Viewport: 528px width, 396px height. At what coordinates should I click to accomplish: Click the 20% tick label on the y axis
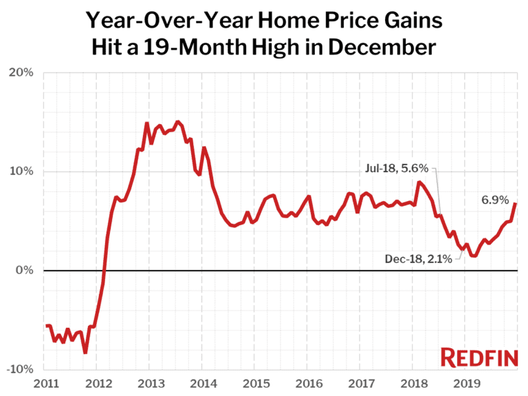(x=21, y=72)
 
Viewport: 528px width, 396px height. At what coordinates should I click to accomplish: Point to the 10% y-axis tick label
(x=21, y=171)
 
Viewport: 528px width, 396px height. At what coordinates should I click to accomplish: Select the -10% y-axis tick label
(x=20, y=370)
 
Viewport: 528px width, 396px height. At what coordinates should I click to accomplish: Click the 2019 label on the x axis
(x=466, y=382)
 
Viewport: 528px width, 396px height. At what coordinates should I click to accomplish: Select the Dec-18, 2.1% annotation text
(x=418, y=259)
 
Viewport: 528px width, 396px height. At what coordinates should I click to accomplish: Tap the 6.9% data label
(x=494, y=200)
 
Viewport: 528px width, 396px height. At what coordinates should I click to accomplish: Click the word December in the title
(x=384, y=49)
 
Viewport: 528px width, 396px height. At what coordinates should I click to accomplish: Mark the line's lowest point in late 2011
(x=85, y=353)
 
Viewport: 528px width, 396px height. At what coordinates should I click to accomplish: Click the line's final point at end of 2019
(x=516, y=203)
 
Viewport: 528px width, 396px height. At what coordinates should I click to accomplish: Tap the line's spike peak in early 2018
(x=418, y=182)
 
